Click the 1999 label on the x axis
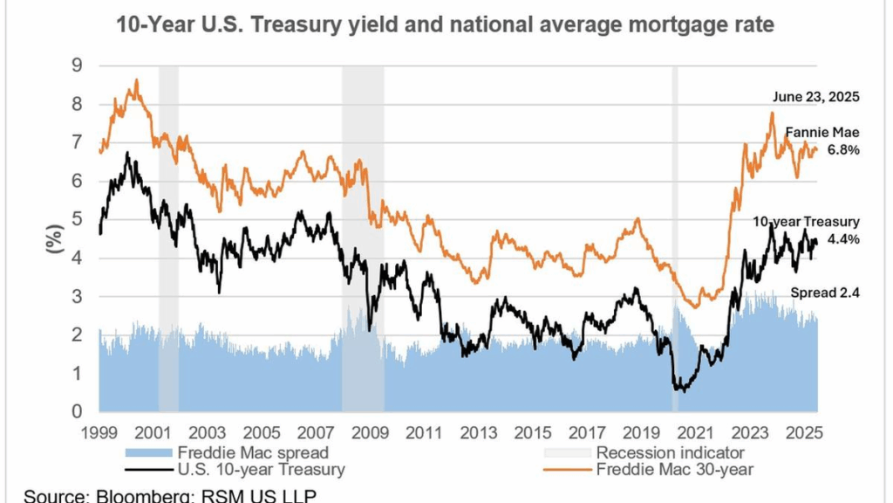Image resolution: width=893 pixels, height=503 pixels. [99, 431]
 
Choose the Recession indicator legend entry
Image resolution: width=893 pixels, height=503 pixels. [670, 452]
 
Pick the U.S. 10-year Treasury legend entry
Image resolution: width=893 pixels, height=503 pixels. [261, 470]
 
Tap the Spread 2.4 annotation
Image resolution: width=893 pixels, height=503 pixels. [824, 293]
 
